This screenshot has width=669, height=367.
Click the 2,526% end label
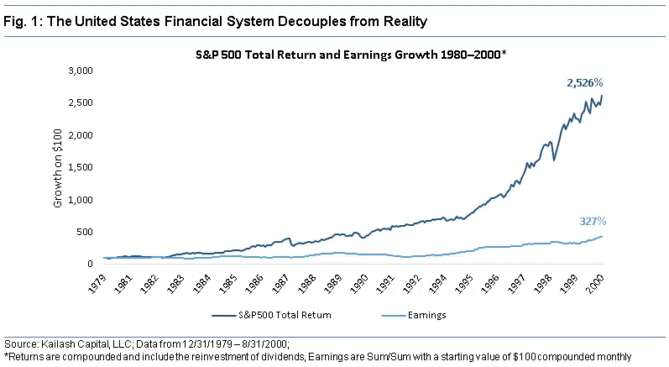586,83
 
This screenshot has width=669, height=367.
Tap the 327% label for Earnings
592,222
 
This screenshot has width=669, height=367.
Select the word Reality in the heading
358,17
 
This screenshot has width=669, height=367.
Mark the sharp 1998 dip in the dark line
554,160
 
